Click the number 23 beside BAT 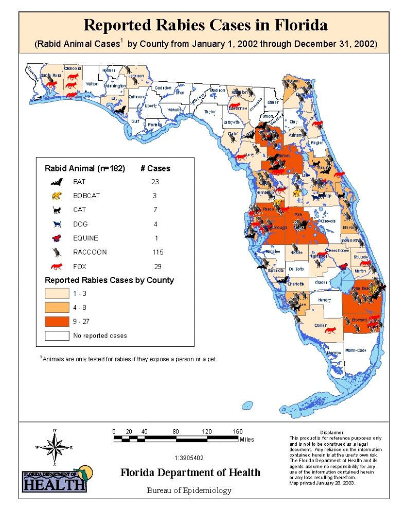[x=155, y=182]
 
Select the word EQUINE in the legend [x=85, y=238]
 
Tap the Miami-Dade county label [x=355, y=350]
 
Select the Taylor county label [x=210, y=111]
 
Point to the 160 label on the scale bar [x=237, y=431]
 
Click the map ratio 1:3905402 [x=189, y=458]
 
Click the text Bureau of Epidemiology [x=189, y=490]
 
